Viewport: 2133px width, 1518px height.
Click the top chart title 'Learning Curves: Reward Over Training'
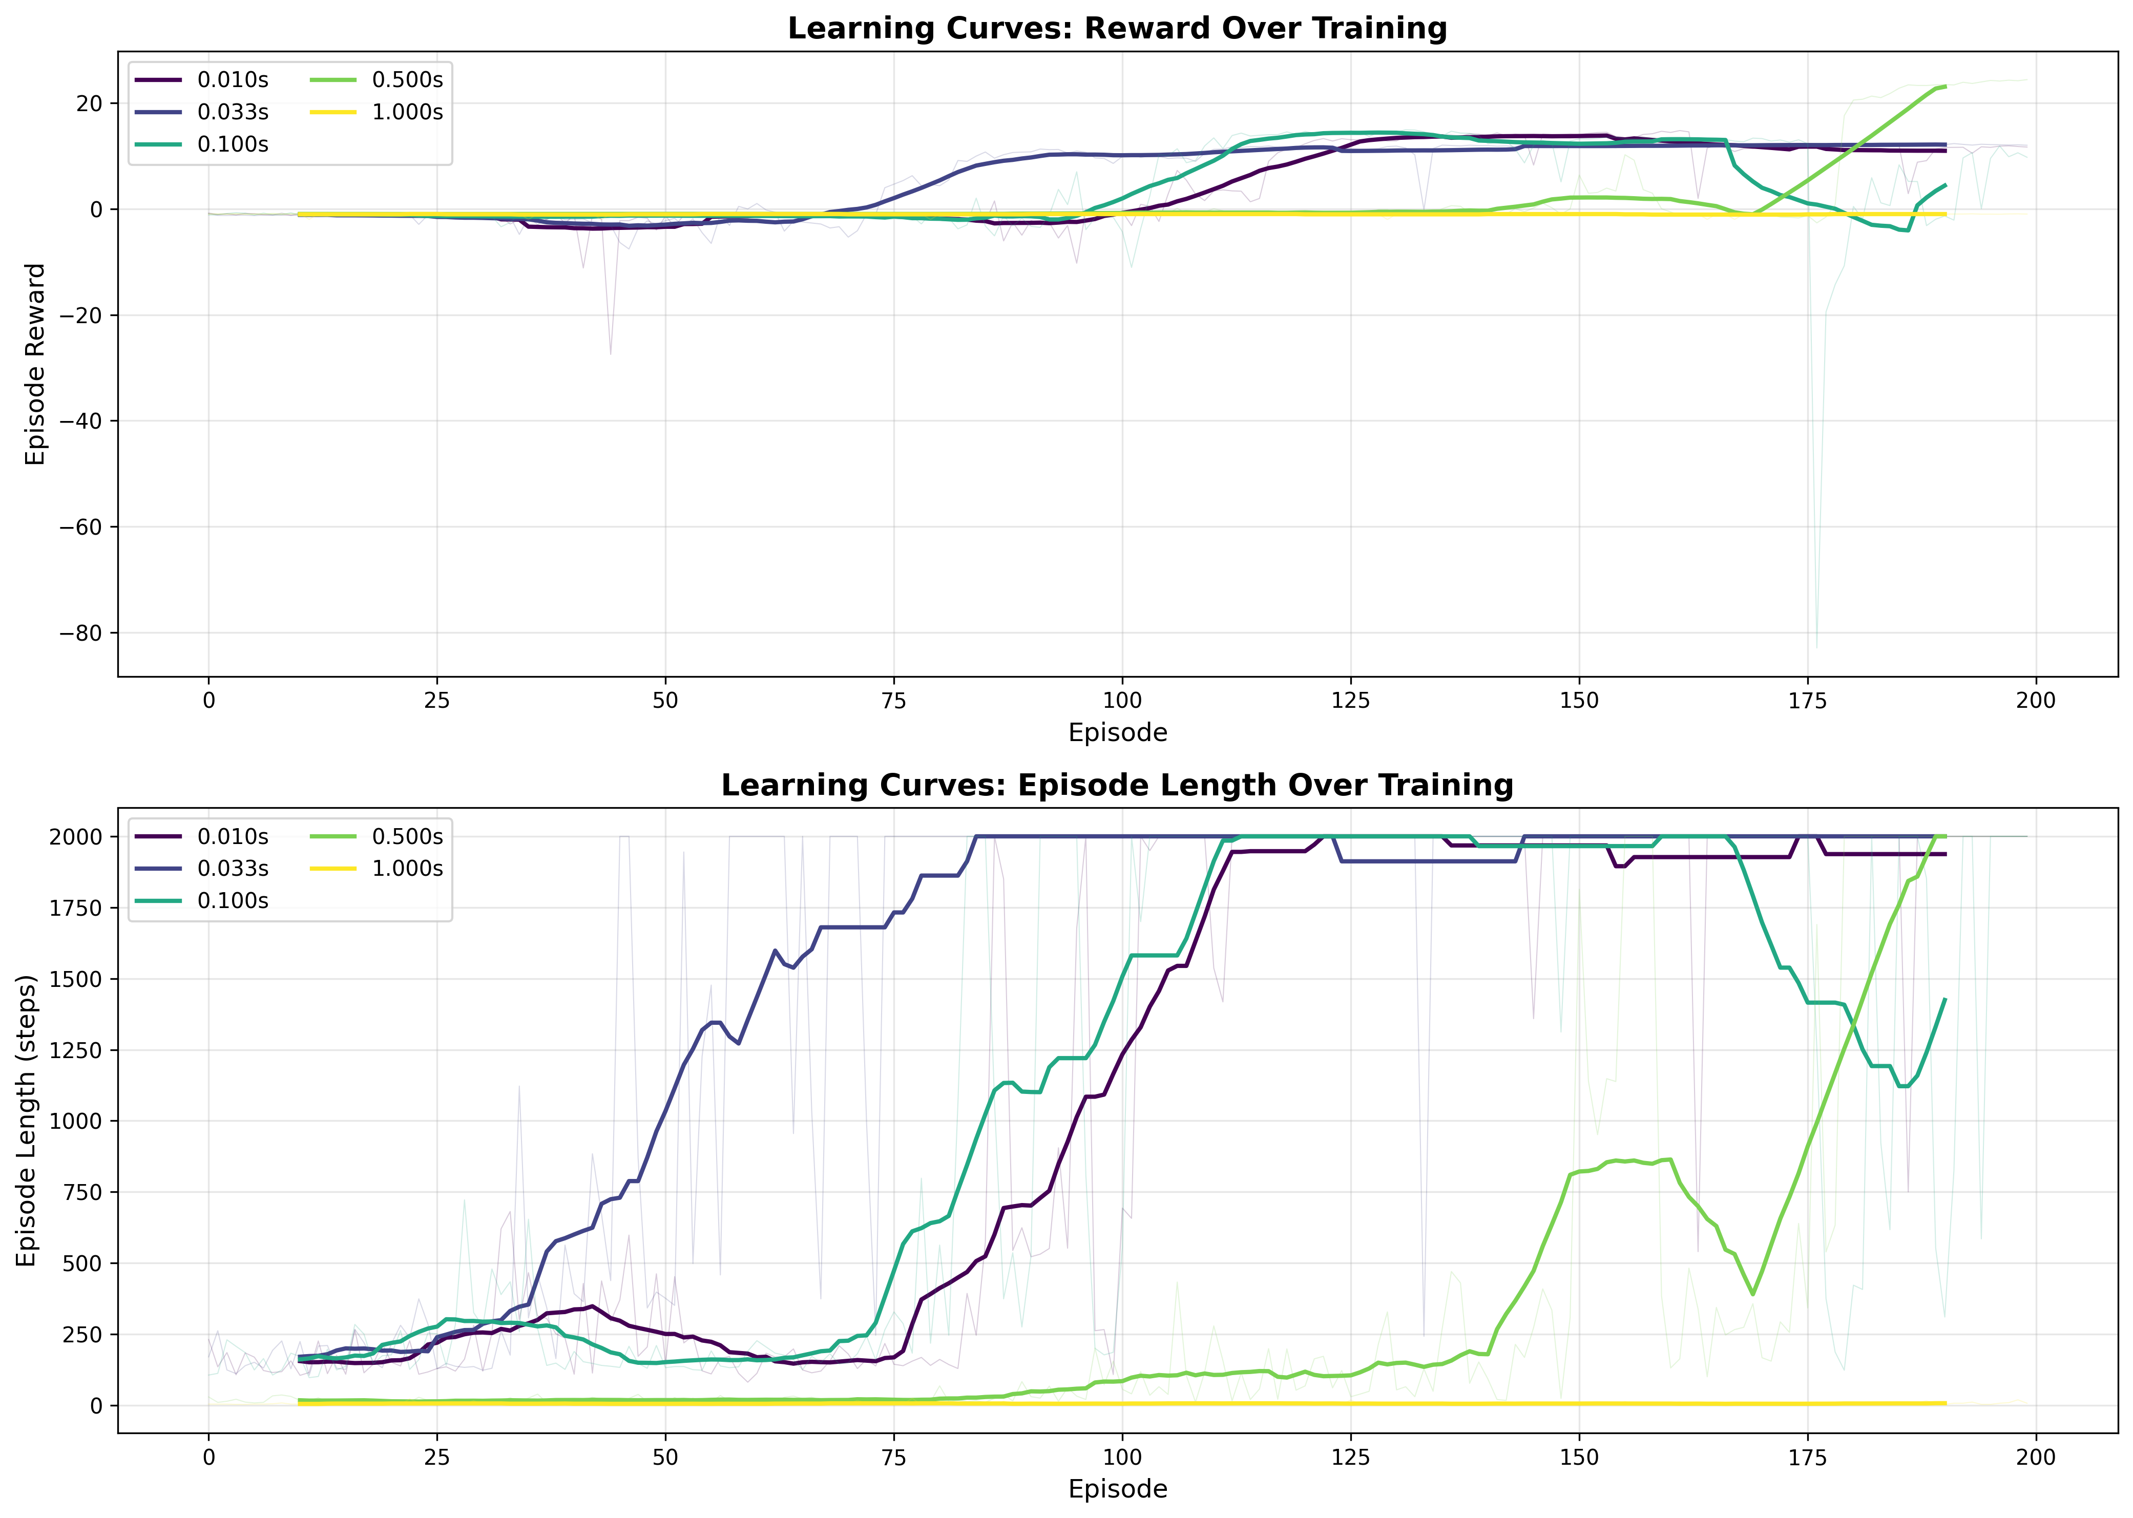(1117, 28)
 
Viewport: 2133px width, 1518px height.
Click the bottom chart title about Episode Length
(1117, 785)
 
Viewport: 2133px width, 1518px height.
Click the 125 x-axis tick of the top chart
(1351, 700)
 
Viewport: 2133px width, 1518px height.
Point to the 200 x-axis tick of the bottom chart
(2036, 1457)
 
